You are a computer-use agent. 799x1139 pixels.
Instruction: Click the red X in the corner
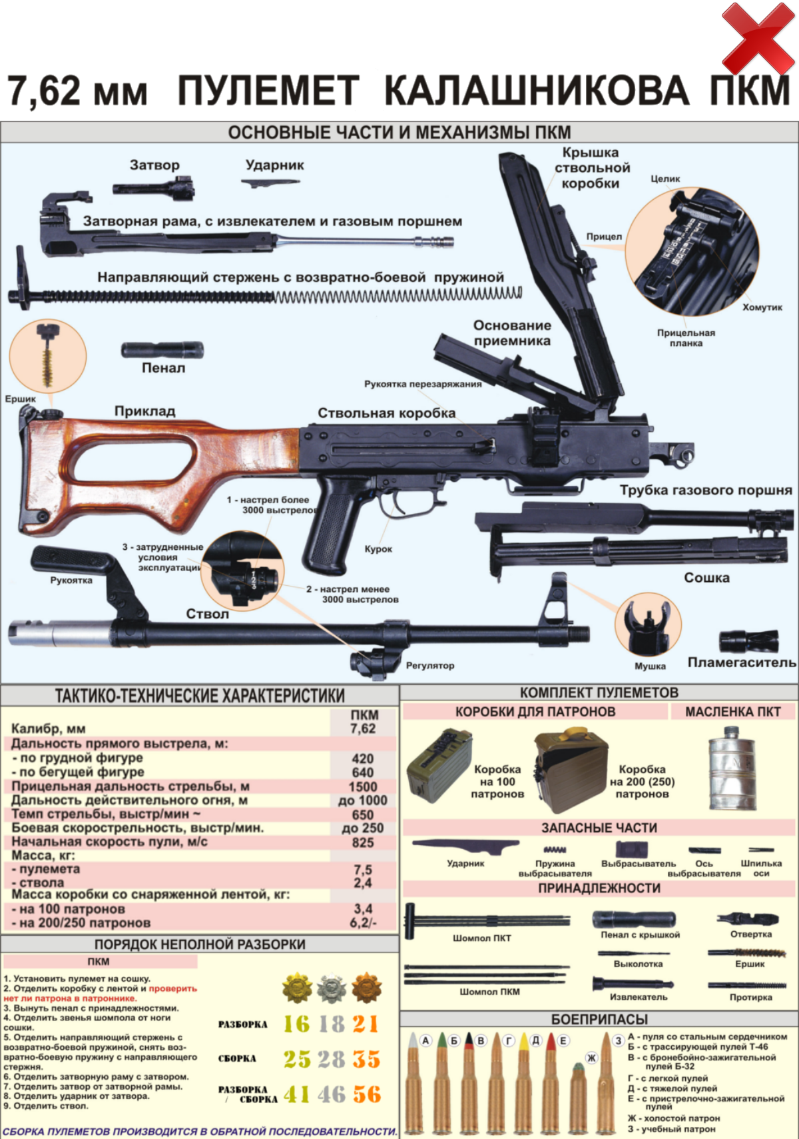point(758,38)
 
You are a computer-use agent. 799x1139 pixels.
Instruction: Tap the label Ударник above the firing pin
point(275,165)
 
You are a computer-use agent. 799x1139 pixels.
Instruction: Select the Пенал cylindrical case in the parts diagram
point(162,350)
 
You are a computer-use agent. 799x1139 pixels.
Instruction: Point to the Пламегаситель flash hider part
point(748,642)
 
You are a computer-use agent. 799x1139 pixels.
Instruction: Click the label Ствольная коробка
point(387,413)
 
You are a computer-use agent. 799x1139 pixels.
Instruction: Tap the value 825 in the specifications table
point(363,842)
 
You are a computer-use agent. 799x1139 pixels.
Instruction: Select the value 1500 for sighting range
point(363,786)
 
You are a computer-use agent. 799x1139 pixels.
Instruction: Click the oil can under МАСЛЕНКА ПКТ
point(732,767)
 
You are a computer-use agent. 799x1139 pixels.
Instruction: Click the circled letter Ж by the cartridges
point(591,1058)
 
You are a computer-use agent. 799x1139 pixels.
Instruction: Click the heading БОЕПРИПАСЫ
point(599,1020)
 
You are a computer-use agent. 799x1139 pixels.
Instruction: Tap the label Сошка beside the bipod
point(706,578)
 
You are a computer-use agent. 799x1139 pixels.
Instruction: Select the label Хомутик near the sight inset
point(762,307)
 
